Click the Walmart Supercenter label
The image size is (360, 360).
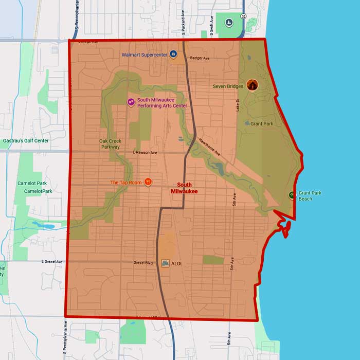(x=145, y=55)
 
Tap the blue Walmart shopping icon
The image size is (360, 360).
(x=173, y=54)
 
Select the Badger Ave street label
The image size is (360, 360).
(x=200, y=58)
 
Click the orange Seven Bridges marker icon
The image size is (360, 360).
(x=251, y=85)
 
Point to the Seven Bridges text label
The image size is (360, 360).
(x=228, y=86)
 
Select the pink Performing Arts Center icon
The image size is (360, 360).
(x=131, y=102)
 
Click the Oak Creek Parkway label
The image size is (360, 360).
(x=110, y=143)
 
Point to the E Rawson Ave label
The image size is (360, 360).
(x=144, y=153)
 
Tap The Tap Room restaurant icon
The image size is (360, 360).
(x=148, y=181)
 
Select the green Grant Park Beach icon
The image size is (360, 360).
(x=292, y=195)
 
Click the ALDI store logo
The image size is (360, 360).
(x=165, y=263)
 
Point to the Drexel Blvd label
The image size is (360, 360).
(x=143, y=263)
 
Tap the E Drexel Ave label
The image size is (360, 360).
(x=52, y=262)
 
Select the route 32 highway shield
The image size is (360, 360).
(x=243, y=16)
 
